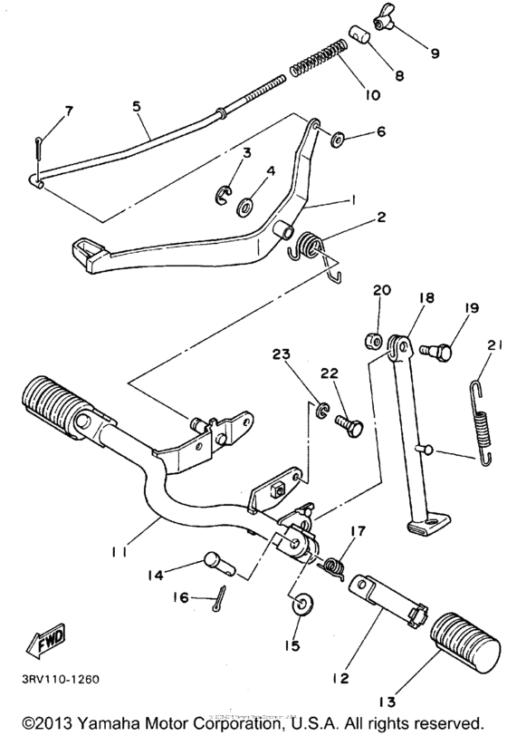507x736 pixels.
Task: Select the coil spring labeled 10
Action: click(318, 57)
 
